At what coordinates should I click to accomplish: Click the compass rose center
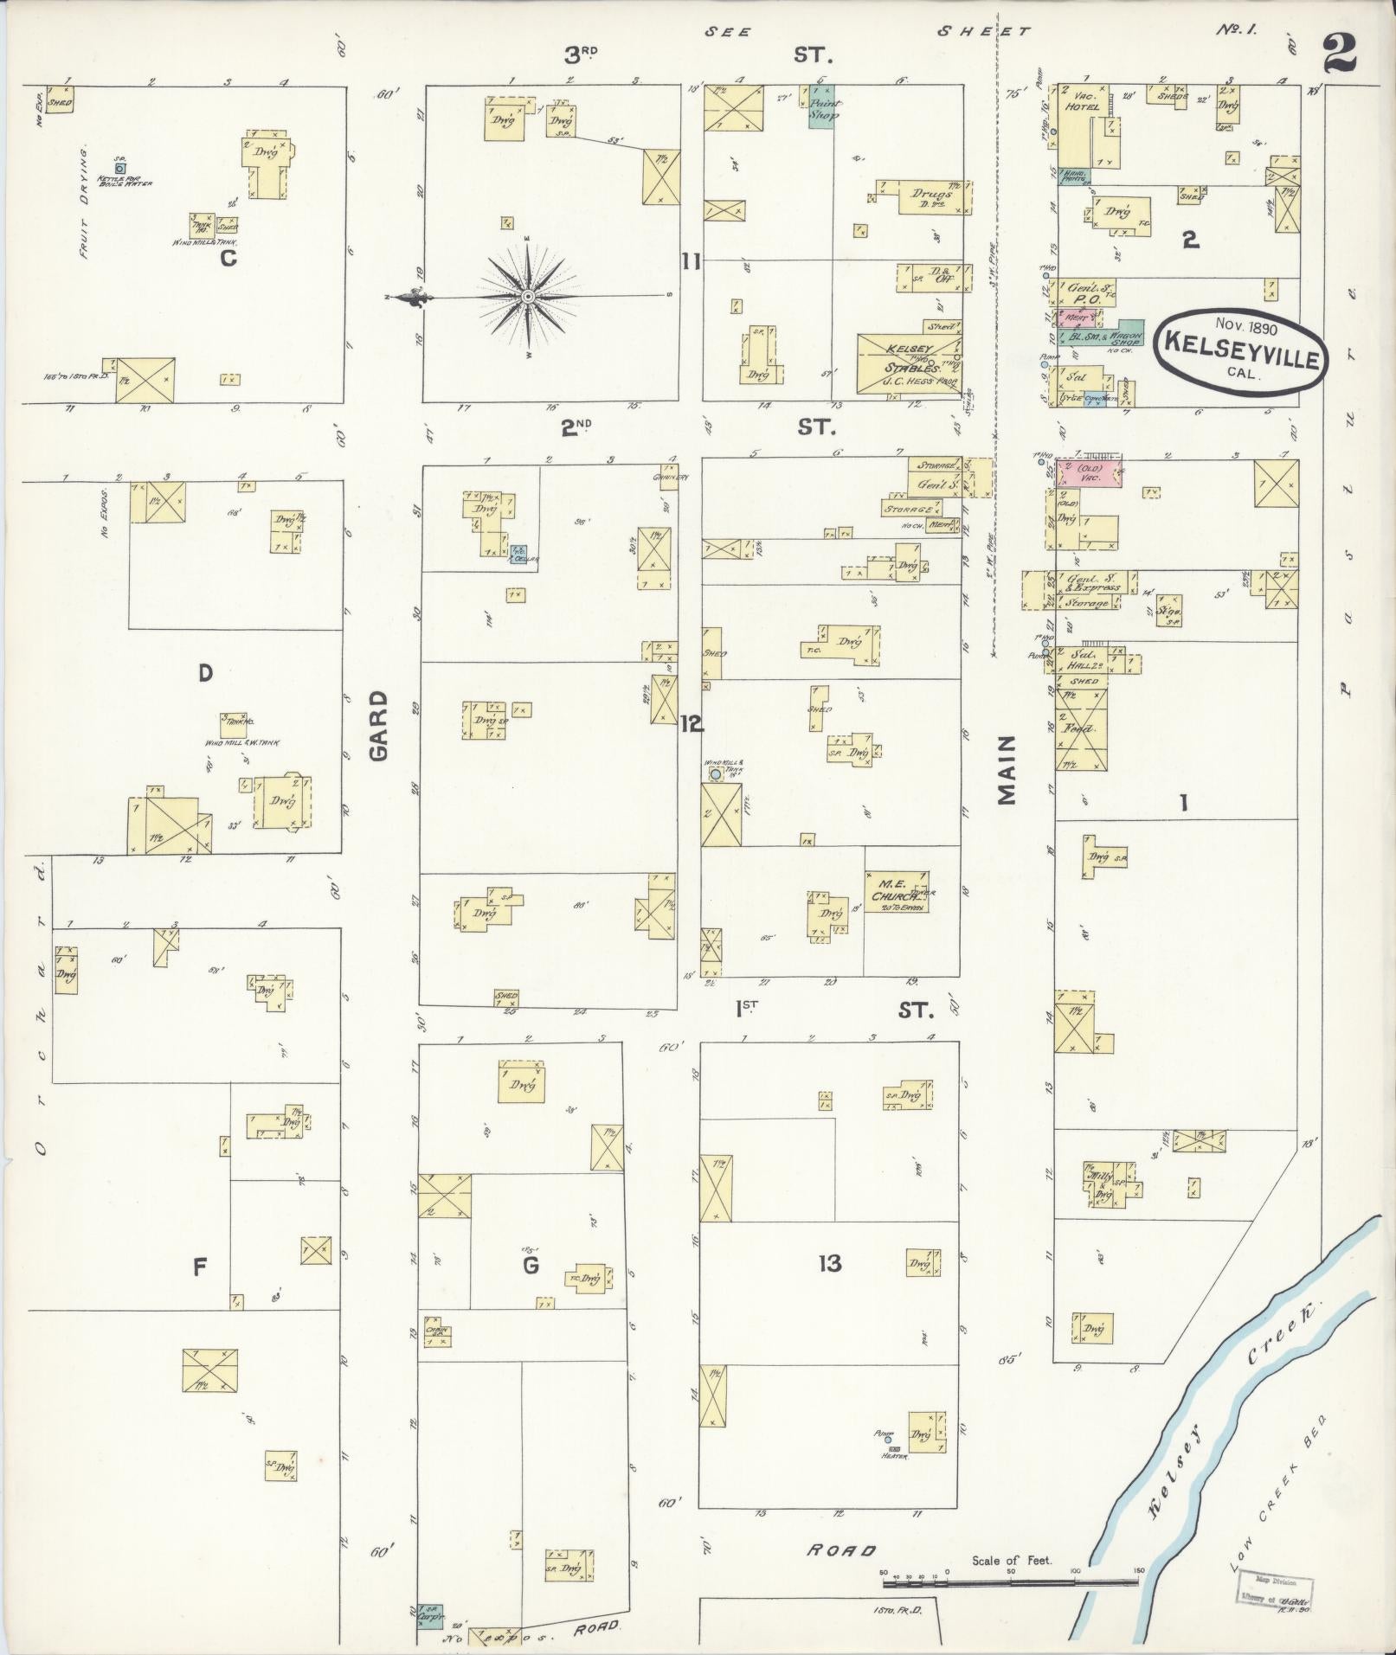pyautogui.click(x=526, y=297)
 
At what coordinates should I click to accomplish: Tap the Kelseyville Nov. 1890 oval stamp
pyautogui.click(x=1244, y=342)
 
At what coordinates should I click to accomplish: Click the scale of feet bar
pyautogui.click(x=1009, y=1582)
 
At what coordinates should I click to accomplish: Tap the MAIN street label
pyautogui.click(x=1007, y=771)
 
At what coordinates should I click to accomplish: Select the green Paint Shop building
pyautogui.click(x=821, y=106)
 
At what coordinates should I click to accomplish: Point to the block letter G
pyautogui.click(x=531, y=1266)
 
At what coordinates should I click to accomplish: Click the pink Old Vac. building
pyautogui.click(x=1089, y=473)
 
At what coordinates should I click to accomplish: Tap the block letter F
pyautogui.click(x=199, y=1267)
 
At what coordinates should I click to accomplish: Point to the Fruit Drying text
pyautogui.click(x=84, y=204)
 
